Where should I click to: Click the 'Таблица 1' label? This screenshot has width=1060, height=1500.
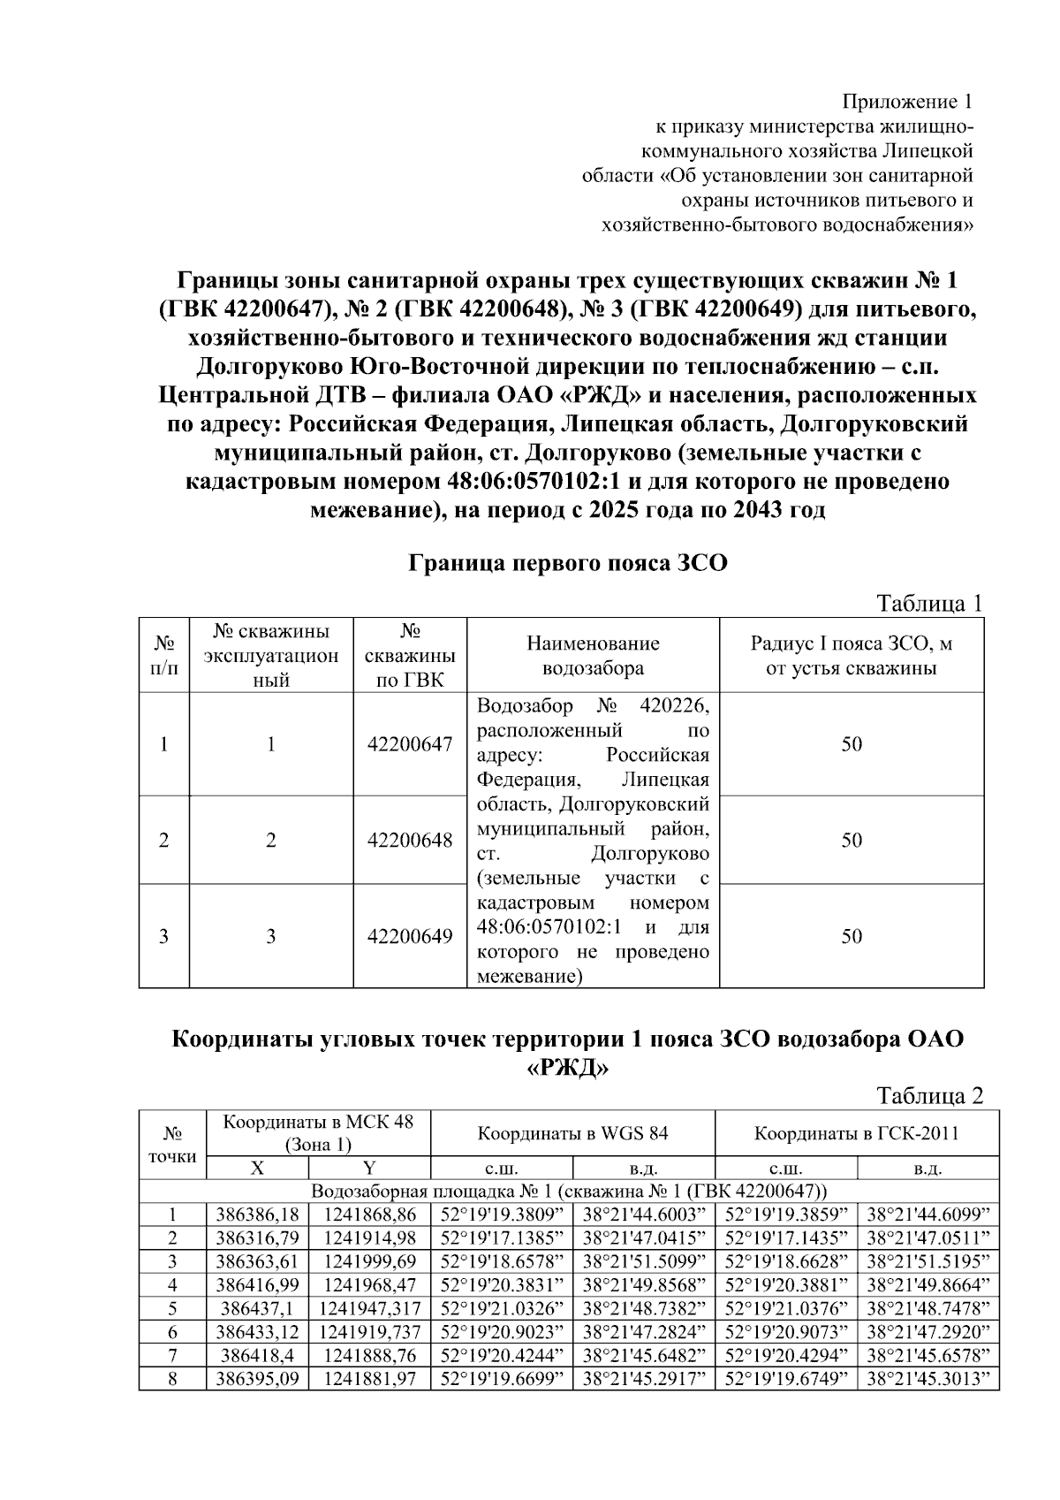[x=928, y=604]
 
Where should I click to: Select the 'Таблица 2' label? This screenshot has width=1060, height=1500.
[x=928, y=1096]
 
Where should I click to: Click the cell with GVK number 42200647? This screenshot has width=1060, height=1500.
[x=410, y=744]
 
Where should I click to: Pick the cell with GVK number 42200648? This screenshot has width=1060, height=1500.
[x=410, y=840]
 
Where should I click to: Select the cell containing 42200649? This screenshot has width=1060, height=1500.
[x=410, y=936]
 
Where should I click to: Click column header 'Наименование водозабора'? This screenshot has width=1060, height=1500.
[x=593, y=655]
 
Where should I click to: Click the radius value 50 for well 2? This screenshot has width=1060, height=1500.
[x=851, y=840]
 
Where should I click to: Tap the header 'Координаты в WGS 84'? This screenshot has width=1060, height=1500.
[x=572, y=1133]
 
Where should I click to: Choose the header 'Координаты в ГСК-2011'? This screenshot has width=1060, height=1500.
[x=856, y=1133]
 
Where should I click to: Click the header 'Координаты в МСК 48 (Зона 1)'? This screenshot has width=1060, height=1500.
[x=318, y=1133]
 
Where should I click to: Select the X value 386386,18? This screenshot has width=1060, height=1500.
[x=257, y=1214]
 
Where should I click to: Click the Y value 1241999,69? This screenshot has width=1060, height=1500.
[x=369, y=1261]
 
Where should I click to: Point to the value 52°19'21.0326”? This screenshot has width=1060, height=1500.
[x=502, y=1308]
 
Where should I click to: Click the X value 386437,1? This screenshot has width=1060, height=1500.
[x=257, y=1308]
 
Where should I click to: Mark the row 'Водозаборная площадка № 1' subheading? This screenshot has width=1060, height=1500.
[x=569, y=1191]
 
